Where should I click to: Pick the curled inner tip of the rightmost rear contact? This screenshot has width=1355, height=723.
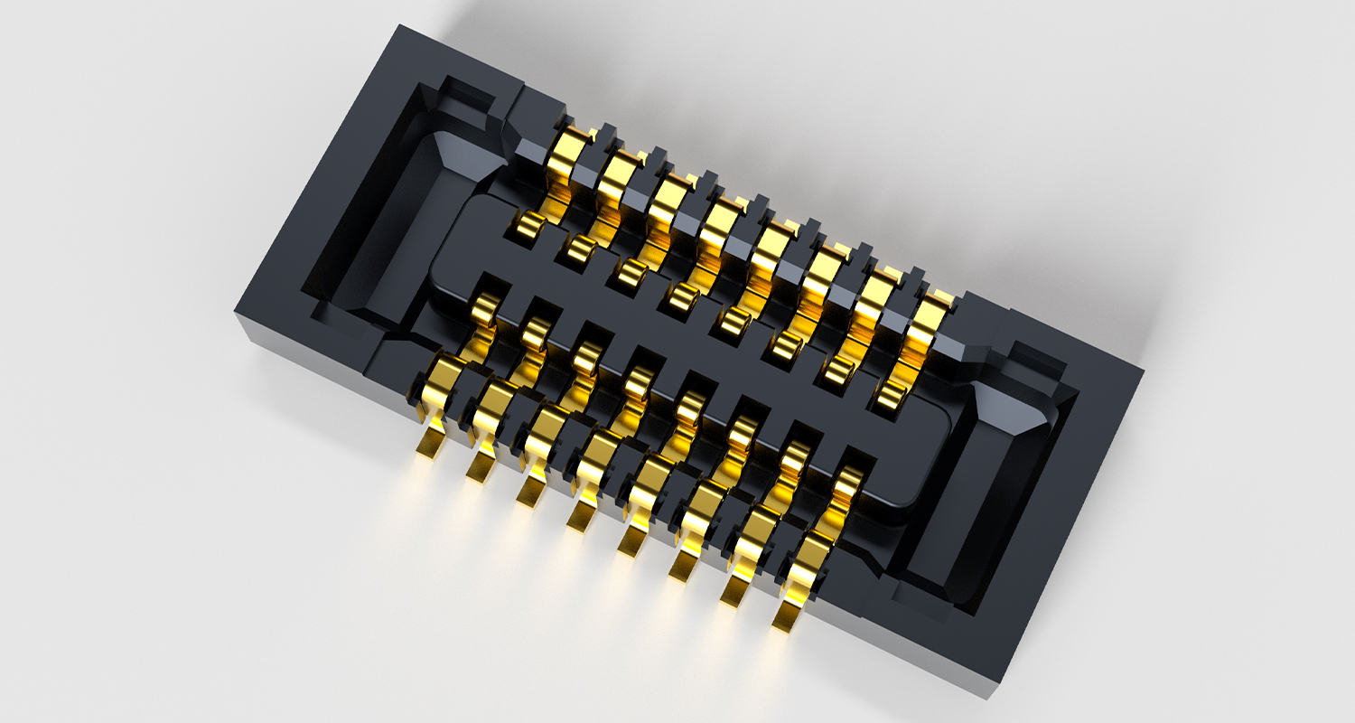click(890, 393)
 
